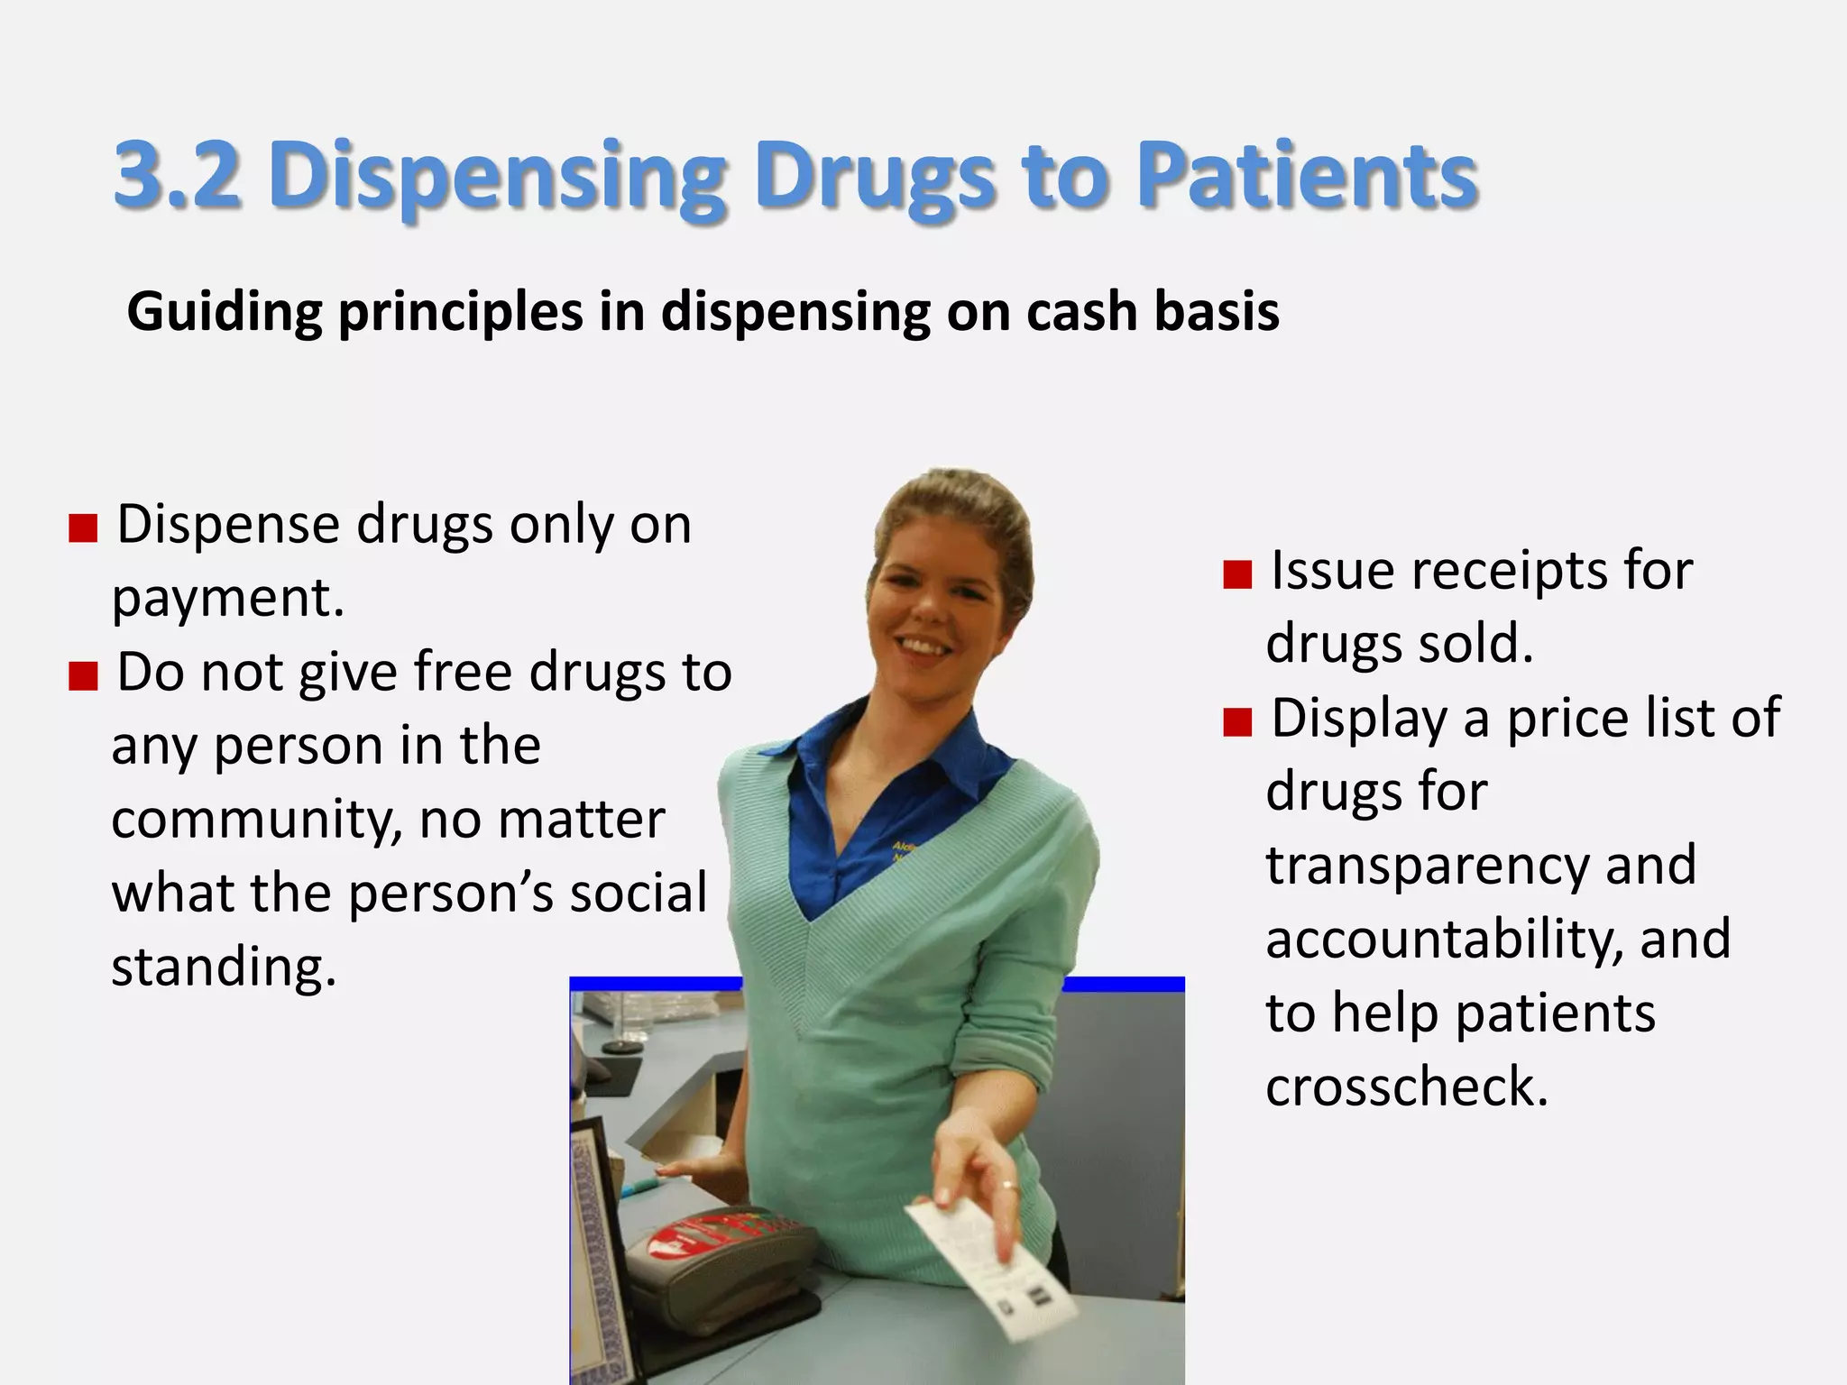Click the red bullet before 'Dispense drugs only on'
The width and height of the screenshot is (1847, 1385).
pyautogui.click(x=83, y=528)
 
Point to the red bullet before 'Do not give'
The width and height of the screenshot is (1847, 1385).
pyautogui.click(x=83, y=675)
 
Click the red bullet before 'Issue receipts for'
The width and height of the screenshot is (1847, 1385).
pyautogui.click(x=1237, y=574)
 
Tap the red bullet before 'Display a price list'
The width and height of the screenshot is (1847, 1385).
pyautogui.click(x=1237, y=721)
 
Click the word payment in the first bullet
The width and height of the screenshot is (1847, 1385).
pyautogui.click(x=227, y=598)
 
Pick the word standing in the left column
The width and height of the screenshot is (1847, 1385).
pyautogui.click(x=223, y=968)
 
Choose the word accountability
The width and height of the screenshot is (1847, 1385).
pyautogui.click(x=1446, y=940)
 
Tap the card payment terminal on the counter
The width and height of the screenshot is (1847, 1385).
pyautogui.click(x=721, y=1262)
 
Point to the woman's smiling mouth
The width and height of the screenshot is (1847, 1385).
pyautogui.click(x=922, y=647)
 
